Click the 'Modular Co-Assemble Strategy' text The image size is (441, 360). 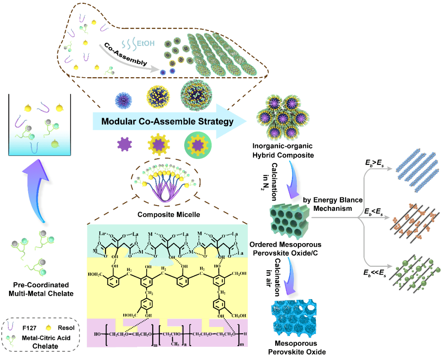coord(167,121)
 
